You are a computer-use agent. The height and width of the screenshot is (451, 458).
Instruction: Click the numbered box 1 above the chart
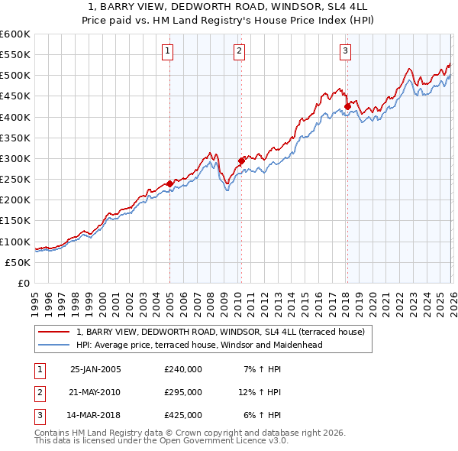coord(167,51)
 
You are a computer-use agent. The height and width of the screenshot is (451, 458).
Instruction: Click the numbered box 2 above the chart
coord(239,51)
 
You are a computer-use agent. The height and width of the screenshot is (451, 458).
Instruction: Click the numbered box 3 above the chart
coord(345,51)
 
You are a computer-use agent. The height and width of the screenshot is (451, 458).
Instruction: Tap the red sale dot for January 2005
coord(169,183)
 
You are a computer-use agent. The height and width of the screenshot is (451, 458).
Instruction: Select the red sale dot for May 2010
coord(241,161)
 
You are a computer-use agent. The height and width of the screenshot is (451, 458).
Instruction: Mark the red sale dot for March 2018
coord(347,106)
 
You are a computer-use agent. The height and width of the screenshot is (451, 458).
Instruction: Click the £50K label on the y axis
coord(18,262)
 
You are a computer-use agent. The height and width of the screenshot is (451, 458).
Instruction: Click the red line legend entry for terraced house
coord(221,332)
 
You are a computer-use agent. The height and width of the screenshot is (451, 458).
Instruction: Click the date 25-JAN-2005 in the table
coord(95,368)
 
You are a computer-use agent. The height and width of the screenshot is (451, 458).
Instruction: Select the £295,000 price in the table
coord(183,392)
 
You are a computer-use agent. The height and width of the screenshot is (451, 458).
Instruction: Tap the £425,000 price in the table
coord(183,416)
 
